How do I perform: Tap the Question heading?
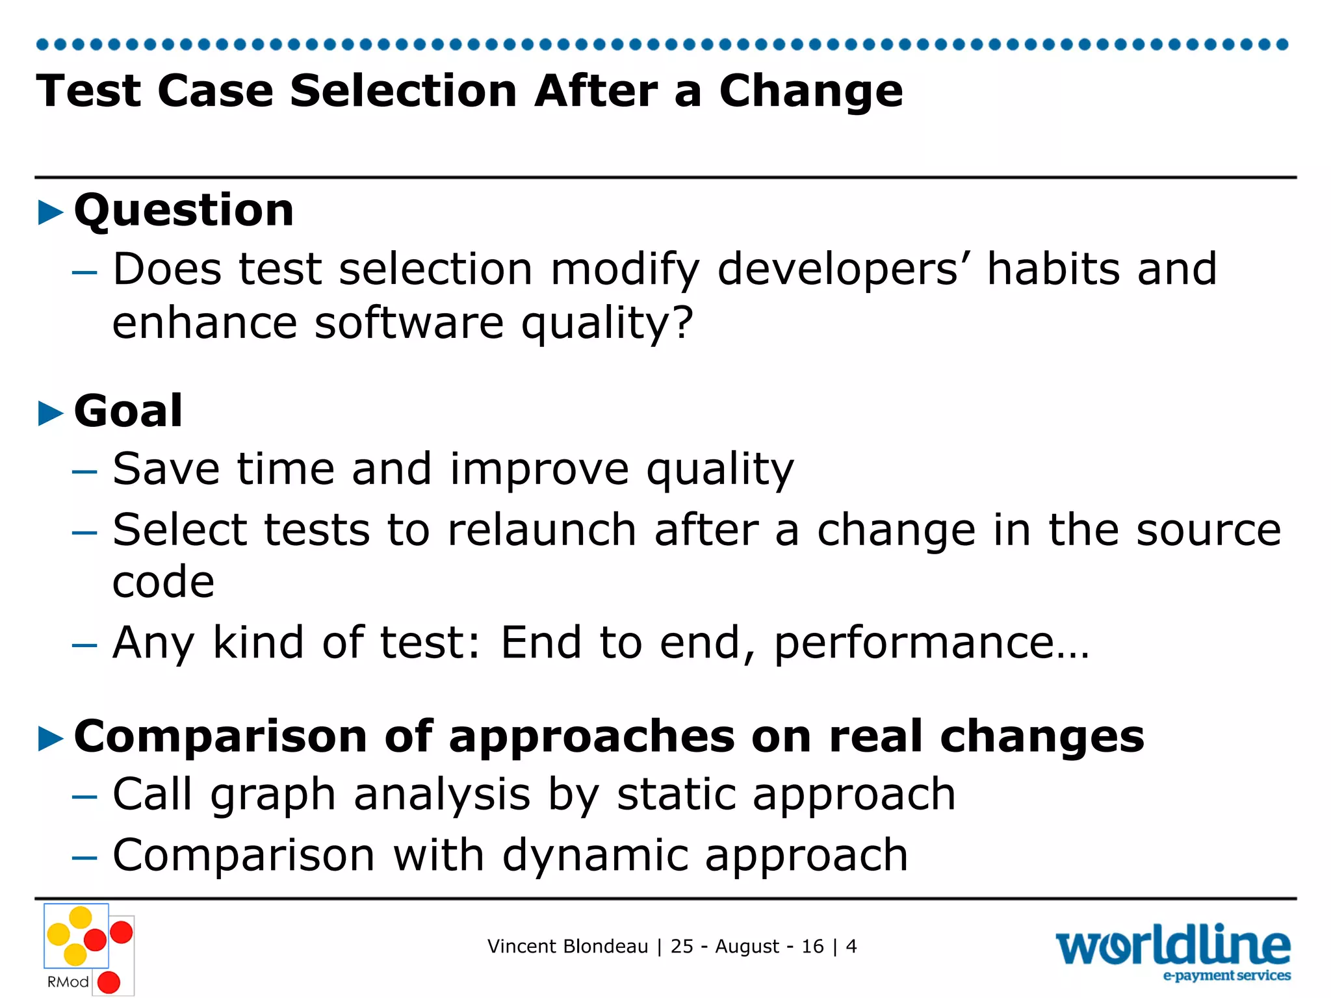pos(184,211)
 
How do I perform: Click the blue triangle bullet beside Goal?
pos(51,413)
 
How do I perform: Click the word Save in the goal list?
pos(166,469)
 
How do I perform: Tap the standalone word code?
pos(163,582)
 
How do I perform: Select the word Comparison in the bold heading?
pos(221,737)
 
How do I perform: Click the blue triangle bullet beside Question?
pos(51,212)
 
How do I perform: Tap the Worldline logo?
pos(1172,946)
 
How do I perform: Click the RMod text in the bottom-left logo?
pos(68,982)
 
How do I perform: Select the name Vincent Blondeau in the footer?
pos(567,947)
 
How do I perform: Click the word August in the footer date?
pos(747,947)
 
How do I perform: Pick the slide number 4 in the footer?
pos(851,947)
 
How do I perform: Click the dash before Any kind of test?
pos(84,645)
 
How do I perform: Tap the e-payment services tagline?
pos(1226,976)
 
